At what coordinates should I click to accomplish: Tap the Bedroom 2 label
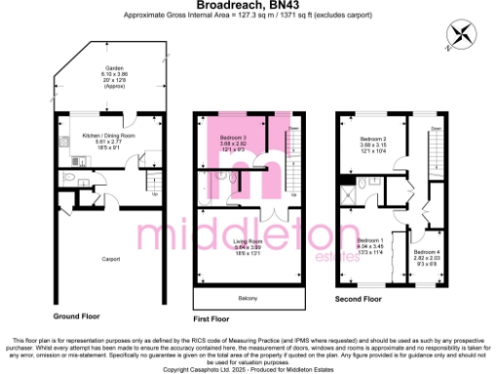pos(373,140)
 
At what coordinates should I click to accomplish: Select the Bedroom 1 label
pos(370,240)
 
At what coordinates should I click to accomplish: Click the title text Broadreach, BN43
pos(249,6)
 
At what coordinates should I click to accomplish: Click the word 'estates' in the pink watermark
pos(335,256)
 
